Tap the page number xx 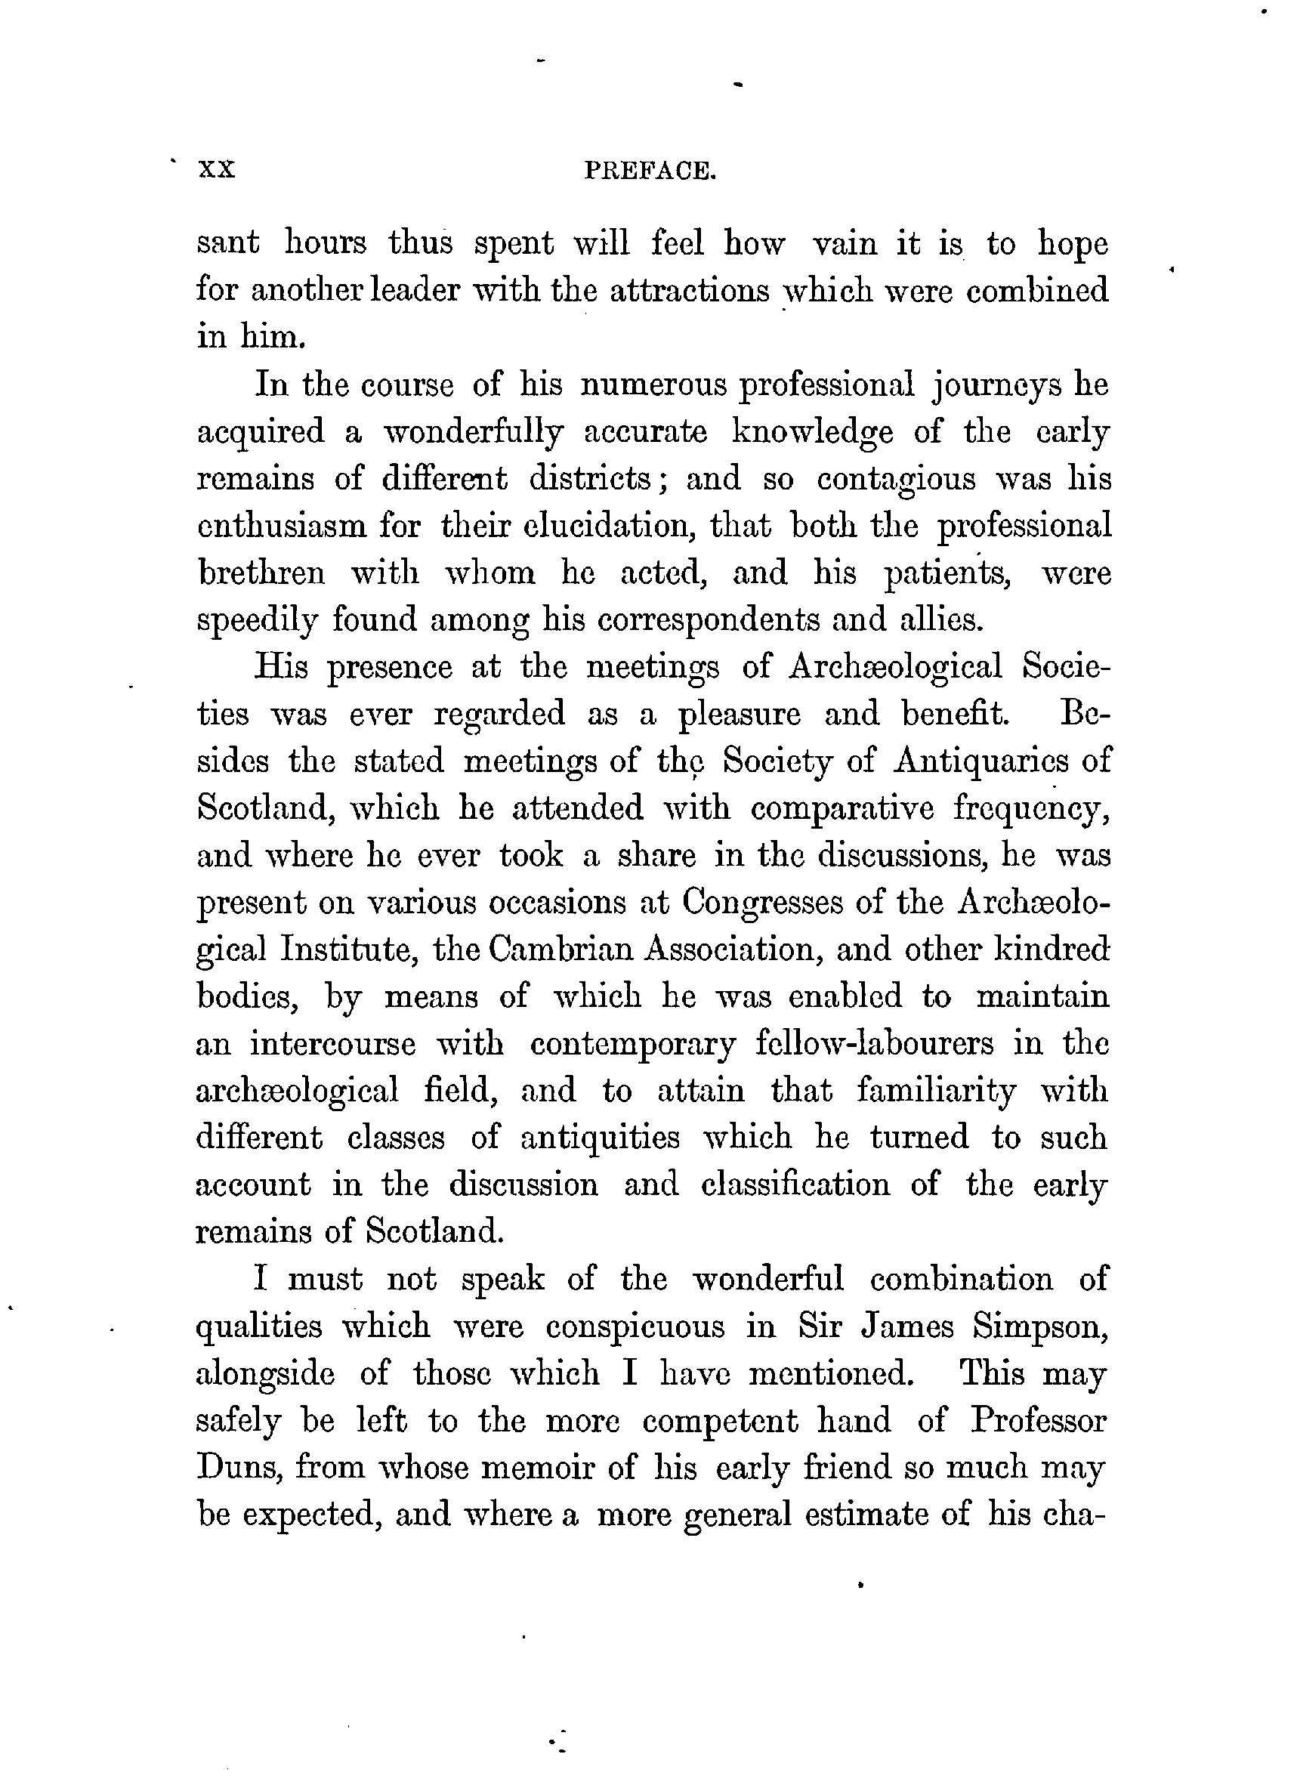(218, 170)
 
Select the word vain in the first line (845, 243)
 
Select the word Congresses (760, 903)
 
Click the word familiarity (937, 1091)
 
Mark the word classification (795, 1184)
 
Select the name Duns (233, 1468)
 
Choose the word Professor (1038, 1421)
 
